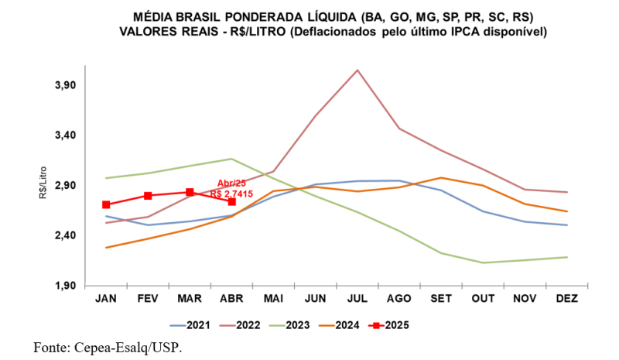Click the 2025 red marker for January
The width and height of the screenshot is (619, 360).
pos(106,204)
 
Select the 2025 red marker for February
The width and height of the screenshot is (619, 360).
pos(148,195)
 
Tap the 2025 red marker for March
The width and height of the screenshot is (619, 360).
pos(190,192)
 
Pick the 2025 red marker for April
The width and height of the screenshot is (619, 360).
pos(231,201)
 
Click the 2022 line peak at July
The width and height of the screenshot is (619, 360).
pos(357,70)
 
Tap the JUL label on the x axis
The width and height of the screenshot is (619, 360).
pos(357,299)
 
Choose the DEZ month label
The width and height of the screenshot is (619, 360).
pos(567,299)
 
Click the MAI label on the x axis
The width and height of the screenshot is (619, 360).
pos(273,299)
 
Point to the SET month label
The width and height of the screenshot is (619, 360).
pos(441,299)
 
